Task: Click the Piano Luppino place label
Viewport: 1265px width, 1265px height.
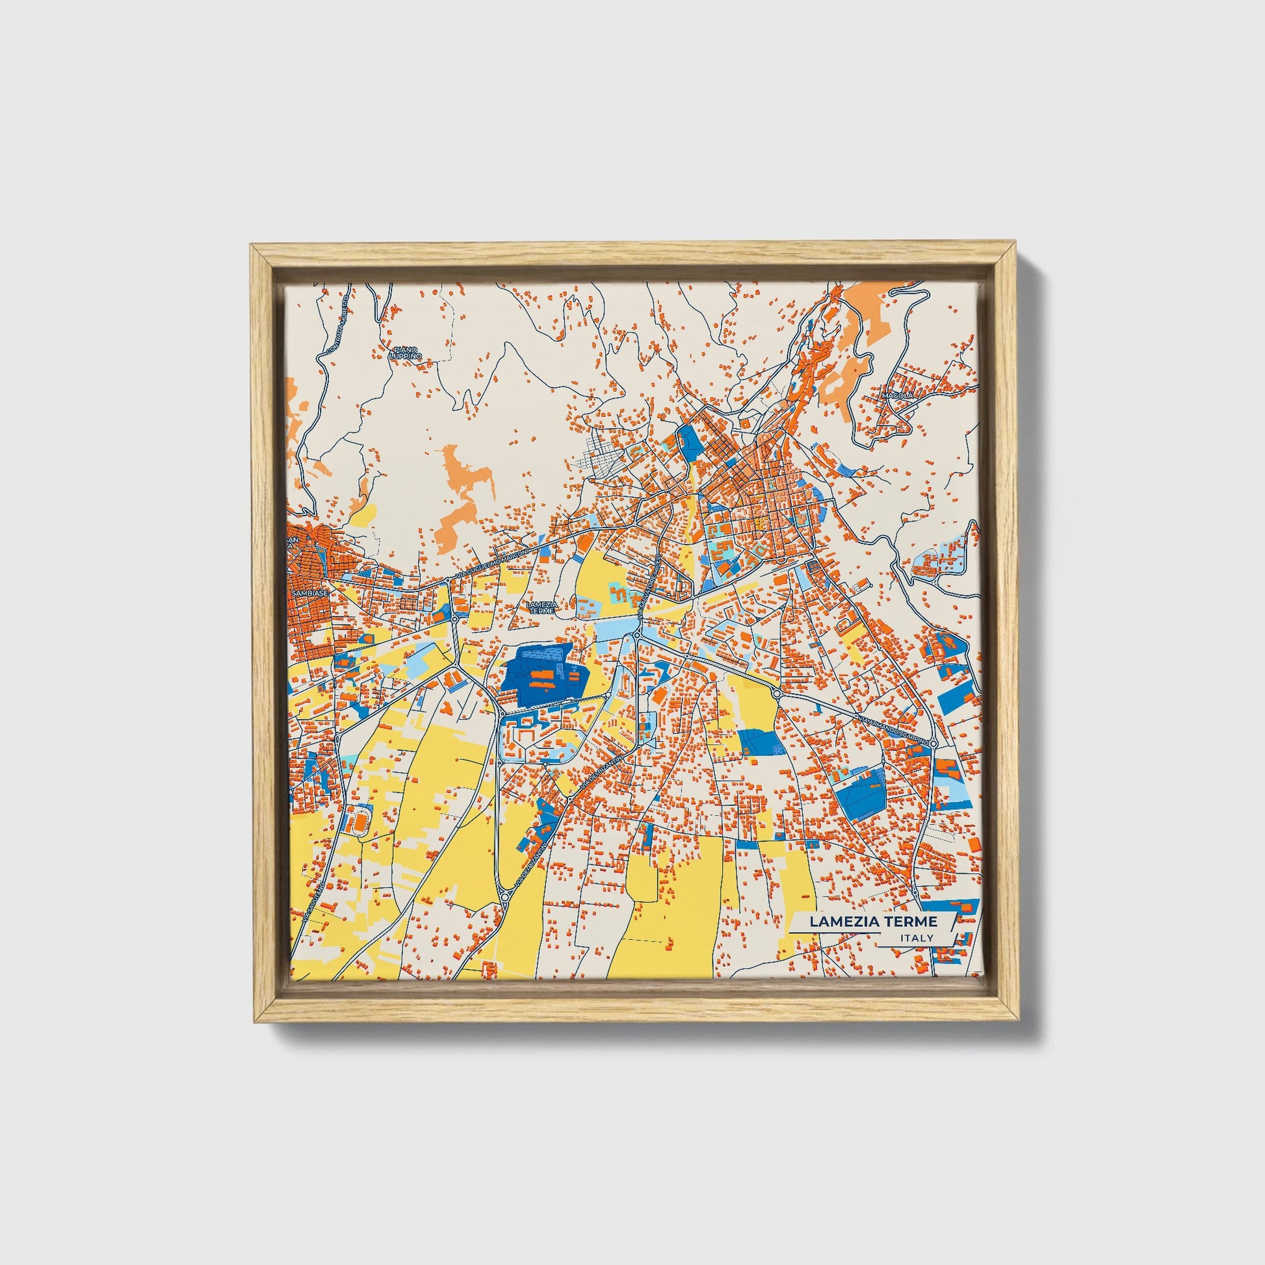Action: tap(405, 353)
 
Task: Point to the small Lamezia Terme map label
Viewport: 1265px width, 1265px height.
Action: tap(541, 607)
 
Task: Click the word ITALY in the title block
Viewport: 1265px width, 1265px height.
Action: tap(917, 938)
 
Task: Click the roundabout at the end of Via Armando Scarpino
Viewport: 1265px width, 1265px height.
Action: tap(933, 743)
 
